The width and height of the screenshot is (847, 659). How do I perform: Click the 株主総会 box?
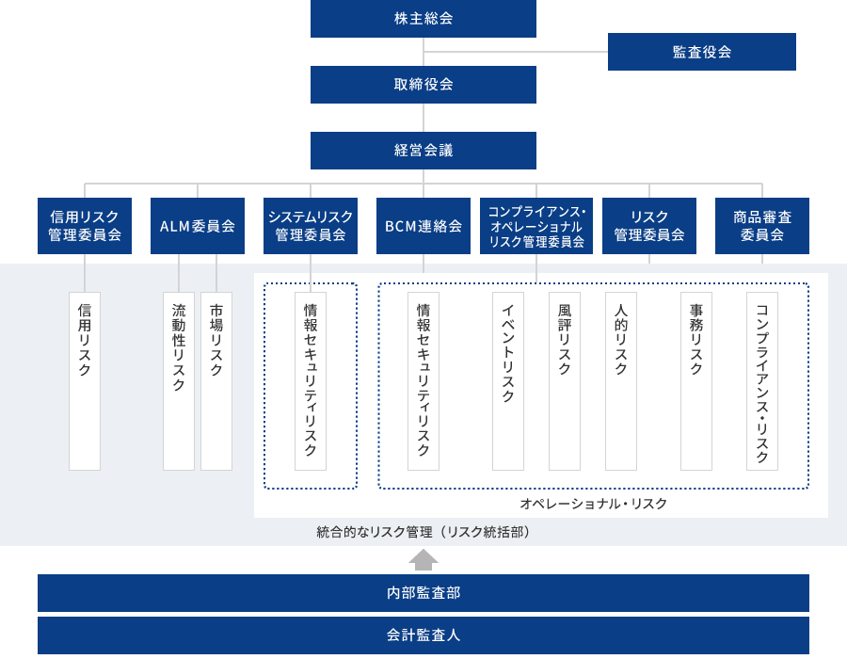(423, 19)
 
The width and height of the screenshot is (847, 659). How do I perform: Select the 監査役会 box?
(702, 52)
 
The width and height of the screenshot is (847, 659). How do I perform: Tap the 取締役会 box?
(423, 85)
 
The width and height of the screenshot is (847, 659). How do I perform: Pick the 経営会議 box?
(423, 151)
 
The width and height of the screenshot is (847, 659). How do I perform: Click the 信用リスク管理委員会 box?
(85, 226)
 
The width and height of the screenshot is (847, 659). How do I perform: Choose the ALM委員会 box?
(198, 226)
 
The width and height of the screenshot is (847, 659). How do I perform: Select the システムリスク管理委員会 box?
(311, 226)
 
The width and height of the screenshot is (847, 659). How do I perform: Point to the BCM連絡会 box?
(423, 226)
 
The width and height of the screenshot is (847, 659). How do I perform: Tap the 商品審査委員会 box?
(762, 226)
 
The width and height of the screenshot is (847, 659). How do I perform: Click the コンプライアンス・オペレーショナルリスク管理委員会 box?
(536, 226)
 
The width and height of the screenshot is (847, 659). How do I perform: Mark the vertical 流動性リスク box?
(179, 381)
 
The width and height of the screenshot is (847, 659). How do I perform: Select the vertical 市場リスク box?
(216, 381)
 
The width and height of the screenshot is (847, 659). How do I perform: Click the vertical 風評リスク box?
(565, 381)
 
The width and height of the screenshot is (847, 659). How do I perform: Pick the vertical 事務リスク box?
(696, 381)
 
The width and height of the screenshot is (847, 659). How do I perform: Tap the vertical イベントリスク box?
(508, 381)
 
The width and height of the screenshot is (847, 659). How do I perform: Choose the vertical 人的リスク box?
(621, 381)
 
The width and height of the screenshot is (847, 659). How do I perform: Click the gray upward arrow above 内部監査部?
(423, 559)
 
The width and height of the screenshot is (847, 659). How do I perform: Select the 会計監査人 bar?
(423, 635)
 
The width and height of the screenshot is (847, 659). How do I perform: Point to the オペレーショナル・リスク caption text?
(593, 504)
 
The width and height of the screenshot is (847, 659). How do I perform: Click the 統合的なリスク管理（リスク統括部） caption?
(423, 532)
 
